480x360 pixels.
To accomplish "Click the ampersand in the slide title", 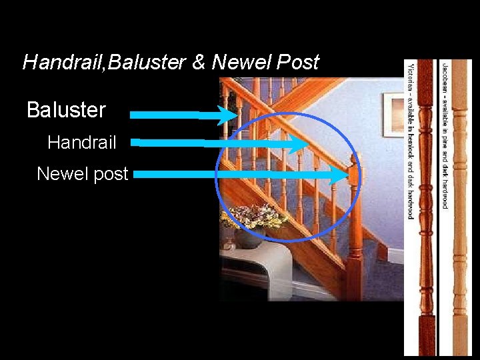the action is point(199,62).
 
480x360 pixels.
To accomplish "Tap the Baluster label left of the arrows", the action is point(66,110).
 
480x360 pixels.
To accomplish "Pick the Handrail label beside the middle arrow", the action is point(82,142).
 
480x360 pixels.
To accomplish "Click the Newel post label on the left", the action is point(82,174).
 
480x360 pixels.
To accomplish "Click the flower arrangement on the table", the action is point(253,217).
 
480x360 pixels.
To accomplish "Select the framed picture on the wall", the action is point(393,113).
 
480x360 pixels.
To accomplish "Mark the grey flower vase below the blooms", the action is point(247,238).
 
